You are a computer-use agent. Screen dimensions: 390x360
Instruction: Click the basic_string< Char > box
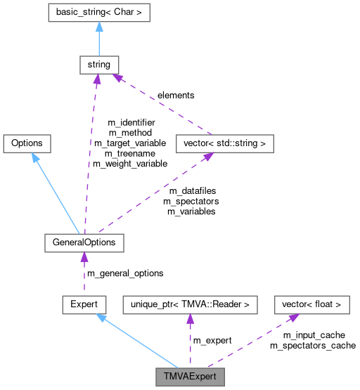[98, 13]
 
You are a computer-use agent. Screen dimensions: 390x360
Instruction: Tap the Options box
[27, 143]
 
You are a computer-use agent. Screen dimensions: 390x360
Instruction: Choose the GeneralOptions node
[84, 243]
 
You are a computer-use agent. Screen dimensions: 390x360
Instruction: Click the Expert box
[84, 304]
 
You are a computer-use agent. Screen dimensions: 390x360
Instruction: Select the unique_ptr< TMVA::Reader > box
[190, 304]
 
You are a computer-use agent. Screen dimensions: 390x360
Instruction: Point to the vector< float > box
[311, 304]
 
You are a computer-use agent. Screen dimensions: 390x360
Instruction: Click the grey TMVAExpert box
[189, 375]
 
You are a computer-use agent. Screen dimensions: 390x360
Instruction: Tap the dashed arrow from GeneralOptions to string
[91, 155]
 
